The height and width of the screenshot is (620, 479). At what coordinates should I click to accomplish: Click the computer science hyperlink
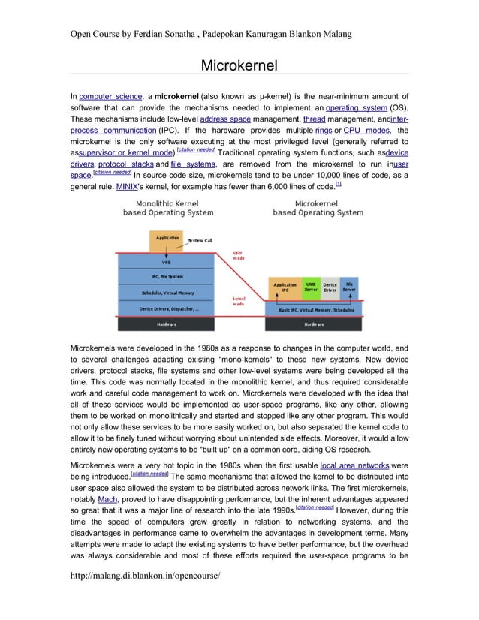[110, 98]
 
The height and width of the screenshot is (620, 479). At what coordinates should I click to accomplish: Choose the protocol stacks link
[128, 164]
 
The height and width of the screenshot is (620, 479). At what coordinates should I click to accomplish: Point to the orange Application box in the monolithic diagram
[167, 239]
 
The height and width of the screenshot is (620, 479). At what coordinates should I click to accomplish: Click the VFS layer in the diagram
[166, 263]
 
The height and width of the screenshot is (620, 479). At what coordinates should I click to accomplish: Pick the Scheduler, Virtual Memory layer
[167, 293]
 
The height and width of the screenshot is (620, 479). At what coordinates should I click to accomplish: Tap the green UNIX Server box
[310, 287]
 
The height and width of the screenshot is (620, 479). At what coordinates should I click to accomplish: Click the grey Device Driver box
[330, 287]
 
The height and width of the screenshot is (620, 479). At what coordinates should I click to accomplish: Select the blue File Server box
[350, 287]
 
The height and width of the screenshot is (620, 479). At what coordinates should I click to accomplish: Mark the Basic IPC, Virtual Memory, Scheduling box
[316, 309]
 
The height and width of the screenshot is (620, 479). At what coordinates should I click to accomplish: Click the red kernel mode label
[240, 302]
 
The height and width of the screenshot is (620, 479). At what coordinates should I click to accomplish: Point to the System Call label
[199, 240]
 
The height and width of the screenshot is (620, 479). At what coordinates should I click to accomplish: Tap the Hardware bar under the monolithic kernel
[167, 324]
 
